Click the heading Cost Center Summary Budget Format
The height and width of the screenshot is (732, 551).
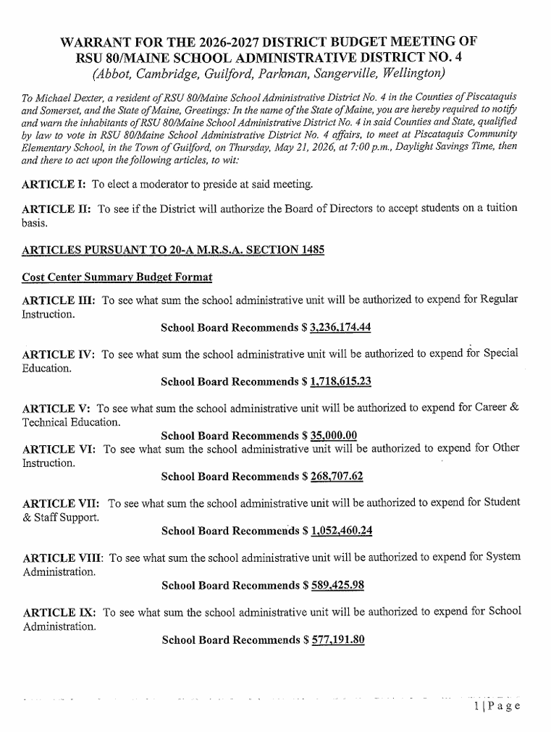pos(117,277)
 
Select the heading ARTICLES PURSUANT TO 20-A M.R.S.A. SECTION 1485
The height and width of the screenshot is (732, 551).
pos(173,250)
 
